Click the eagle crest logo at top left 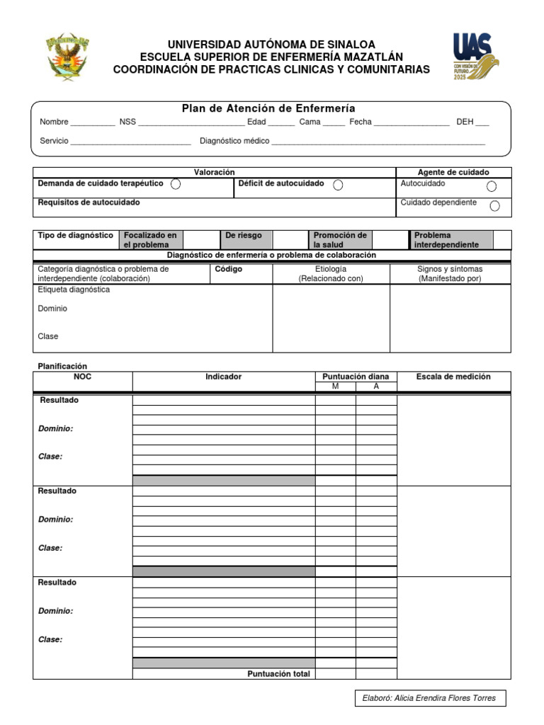point(68,56)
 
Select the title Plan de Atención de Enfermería point(268,108)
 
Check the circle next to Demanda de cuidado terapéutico point(176,185)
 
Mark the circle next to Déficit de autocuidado point(338,185)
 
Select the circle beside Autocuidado point(492,186)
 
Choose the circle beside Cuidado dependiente point(494,206)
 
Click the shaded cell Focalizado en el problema point(150,240)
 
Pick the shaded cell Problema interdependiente point(450,240)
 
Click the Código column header point(229,270)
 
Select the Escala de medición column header point(453,377)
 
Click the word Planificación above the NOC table point(62,366)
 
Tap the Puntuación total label point(278,674)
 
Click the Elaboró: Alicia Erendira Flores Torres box point(430,698)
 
